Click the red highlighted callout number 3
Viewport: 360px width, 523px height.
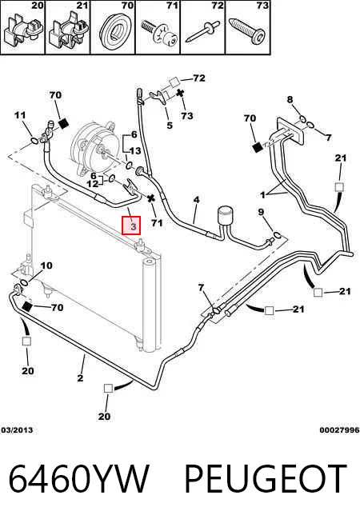131,226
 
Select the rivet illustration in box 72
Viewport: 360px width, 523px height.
202,31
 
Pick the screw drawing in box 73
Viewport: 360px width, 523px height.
248,31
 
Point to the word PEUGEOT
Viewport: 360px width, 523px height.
266,479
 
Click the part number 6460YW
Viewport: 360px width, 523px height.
78,479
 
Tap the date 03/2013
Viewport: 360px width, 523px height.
17,430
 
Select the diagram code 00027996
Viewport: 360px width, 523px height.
339,430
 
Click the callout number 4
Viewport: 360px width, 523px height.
197,200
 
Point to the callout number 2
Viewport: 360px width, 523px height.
80,378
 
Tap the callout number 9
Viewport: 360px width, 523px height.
261,212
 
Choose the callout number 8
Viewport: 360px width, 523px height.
290,99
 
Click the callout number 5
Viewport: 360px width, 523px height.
170,126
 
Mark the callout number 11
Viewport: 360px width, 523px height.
20,115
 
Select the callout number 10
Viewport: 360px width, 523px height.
46,265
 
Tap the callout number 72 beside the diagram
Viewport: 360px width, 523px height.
199,78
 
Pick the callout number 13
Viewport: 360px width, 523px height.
135,151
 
